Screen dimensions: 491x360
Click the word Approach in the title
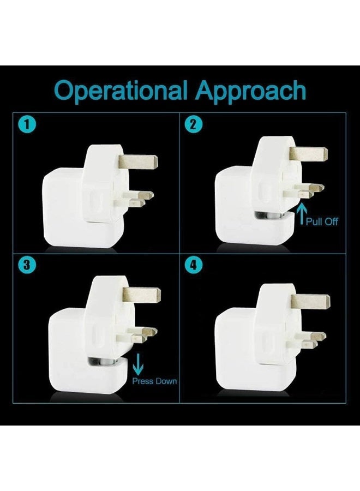[251, 91]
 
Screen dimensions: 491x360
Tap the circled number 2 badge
[192, 125]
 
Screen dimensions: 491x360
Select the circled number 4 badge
[192, 266]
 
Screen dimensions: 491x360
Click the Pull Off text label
[322, 222]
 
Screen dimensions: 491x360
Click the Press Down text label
[154, 381]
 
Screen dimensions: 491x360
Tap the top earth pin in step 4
[311, 301]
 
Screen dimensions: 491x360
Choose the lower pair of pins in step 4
[311, 340]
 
